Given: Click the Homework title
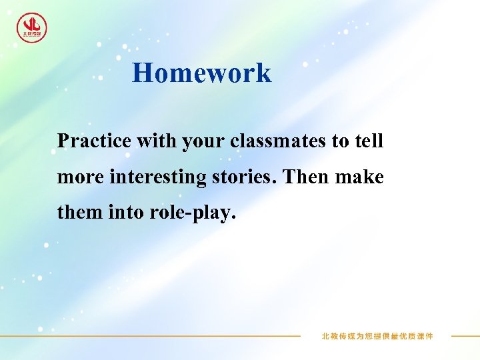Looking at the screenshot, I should click(x=201, y=73).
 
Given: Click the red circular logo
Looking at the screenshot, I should click(x=32, y=28).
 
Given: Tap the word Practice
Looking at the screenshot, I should click(x=94, y=141).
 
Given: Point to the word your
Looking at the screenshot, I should click(x=197, y=142).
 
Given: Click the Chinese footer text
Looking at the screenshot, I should click(x=377, y=336).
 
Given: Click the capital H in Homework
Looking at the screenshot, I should click(x=142, y=73).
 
